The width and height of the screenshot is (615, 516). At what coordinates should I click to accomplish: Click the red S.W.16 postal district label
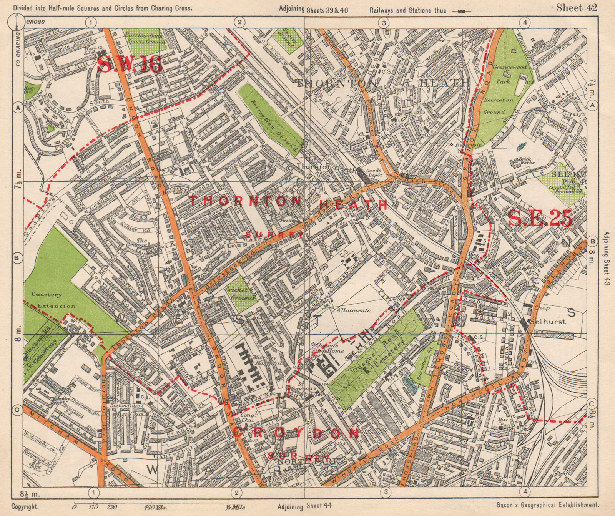click(x=129, y=64)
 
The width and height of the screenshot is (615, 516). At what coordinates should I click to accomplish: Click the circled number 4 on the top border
click(x=525, y=22)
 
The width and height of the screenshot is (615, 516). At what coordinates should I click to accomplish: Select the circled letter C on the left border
click(x=17, y=411)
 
